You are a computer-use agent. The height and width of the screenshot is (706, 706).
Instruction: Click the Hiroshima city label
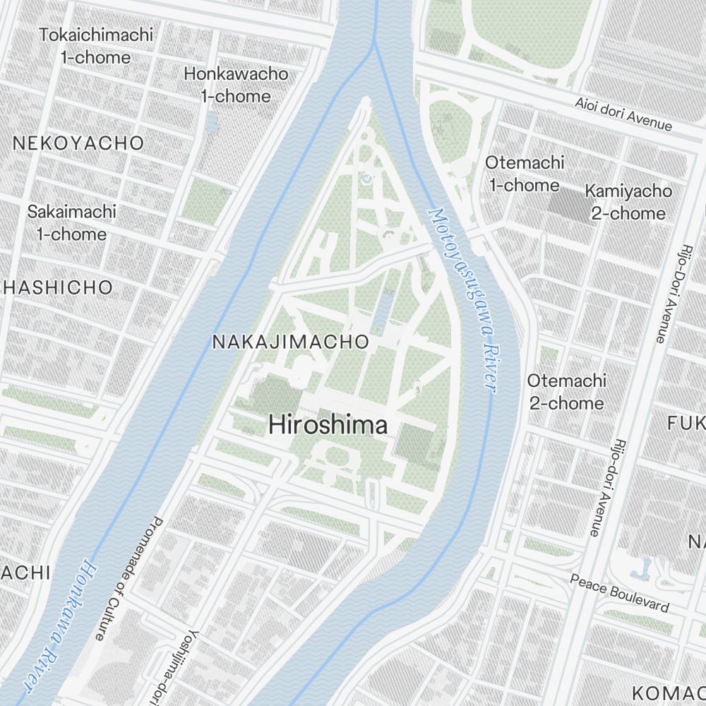click(x=328, y=425)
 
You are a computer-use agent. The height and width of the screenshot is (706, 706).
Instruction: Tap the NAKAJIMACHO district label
click(x=290, y=342)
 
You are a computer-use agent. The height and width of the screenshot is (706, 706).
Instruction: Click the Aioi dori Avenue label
click(x=623, y=113)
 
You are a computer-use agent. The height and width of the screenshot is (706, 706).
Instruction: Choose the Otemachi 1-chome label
click(x=524, y=174)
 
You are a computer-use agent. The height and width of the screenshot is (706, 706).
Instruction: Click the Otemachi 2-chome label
click(x=566, y=392)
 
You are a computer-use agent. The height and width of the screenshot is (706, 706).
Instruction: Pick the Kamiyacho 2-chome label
click(x=628, y=202)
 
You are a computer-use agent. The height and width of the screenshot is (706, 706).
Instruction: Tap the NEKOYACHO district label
click(x=78, y=143)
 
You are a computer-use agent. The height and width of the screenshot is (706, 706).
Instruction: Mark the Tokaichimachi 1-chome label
click(x=96, y=46)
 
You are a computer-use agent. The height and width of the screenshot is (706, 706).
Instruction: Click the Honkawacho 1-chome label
click(x=236, y=85)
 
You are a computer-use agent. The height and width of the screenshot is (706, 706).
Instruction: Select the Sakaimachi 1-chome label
click(x=71, y=222)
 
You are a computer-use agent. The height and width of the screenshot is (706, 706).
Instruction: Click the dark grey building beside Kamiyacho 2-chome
click(x=569, y=204)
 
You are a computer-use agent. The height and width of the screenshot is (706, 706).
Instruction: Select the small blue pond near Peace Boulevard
click(x=645, y=568)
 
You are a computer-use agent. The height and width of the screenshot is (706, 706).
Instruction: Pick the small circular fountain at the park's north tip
click(x=366, y=180)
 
